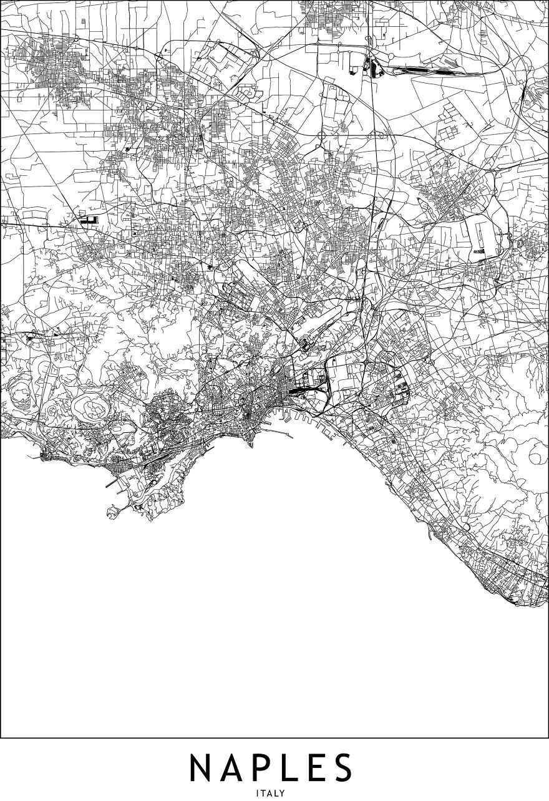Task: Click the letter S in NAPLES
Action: [x=342, y=768]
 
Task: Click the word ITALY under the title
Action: [x=270, y=793]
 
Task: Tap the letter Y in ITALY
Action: [x=283, y=793]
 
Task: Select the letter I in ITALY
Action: [x=257, y=793]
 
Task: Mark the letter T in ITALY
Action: [x=263, y=793]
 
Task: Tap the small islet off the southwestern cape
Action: [x=113, y=512]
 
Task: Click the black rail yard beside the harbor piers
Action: [x=300, y=392]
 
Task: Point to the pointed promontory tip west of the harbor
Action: [x=251, y=445]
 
